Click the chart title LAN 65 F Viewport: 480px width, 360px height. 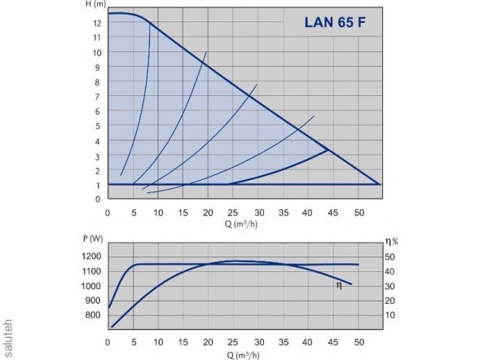[x=334, y=22]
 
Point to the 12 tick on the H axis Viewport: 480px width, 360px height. [x=97, y=23]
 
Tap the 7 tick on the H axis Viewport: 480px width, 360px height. [x=97, y=97]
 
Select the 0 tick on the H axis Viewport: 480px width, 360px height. [x=97, y=199]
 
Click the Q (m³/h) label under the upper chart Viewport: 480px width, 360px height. [x=242, y=223]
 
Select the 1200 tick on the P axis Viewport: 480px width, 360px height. [x=90, y=256]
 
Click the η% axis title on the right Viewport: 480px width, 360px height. [x=391, y=240]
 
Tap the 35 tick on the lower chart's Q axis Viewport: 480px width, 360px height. [x=284, y=340]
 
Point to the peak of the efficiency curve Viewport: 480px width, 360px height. [x=234, y=261]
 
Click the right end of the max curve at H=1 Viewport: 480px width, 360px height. [x=379, y=184]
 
